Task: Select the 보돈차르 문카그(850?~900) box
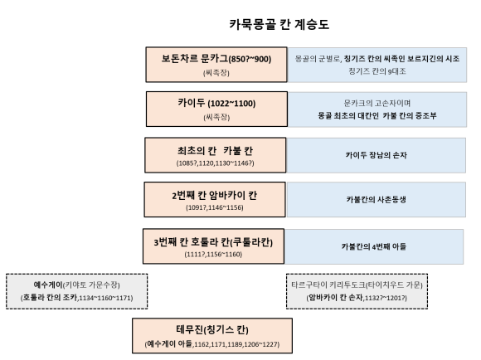[x=215, y=64]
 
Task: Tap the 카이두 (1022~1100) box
[x=215, y=108]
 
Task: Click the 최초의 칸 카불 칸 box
[x=215, y=153]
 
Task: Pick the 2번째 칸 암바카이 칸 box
[x=215, y=198]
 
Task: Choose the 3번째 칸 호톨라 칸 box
[x=215, y=244]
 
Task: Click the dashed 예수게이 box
[x=77, y=290]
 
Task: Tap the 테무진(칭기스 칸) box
[x=215, y=333]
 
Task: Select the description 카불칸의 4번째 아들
[x=375, y=246]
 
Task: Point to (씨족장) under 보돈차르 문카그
[x=215, y=73]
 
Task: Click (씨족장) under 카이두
[x=215, y=118]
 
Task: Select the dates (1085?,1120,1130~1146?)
[x=215, y=163]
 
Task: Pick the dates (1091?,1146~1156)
[x=215, y=207]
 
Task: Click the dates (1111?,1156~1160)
[x=215, y=253]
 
